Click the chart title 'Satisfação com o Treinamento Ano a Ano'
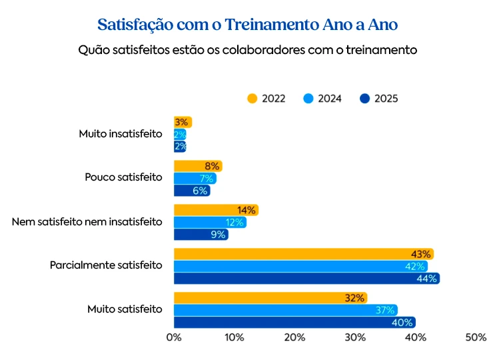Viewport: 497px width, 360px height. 248,25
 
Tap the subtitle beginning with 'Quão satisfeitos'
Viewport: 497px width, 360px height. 248,50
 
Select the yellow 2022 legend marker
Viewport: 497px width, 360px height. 252,99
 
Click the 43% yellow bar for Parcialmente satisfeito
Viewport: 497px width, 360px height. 303,254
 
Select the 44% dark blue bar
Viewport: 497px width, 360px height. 306,279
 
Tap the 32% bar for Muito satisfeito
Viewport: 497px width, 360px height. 270,298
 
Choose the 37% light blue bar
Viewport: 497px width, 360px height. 285,310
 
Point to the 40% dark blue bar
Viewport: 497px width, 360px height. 294,322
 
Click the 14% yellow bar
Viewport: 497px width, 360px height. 215,210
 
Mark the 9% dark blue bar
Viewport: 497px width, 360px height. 201,235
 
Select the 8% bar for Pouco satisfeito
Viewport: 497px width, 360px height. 197,166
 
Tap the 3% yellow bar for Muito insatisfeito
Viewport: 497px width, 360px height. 183,122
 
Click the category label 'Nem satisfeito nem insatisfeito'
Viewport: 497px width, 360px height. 87,221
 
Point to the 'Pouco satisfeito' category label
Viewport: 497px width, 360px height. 123,177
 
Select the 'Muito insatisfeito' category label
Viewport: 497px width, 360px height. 120,134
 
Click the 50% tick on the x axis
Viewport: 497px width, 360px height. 476,338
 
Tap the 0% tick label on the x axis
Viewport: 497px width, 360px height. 174,338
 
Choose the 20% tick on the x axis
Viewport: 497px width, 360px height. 294,338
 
